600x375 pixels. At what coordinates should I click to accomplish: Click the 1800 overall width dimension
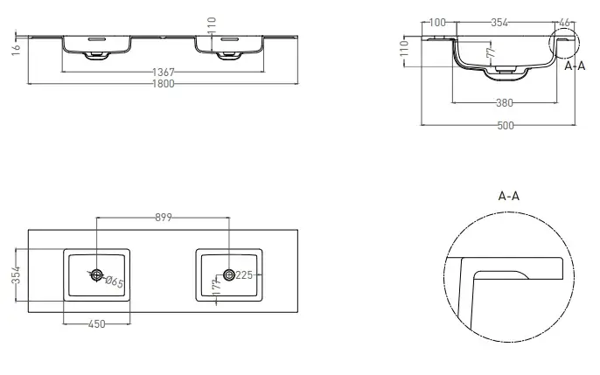[164, 84]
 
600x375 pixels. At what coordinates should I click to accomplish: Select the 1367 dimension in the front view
[164, 72]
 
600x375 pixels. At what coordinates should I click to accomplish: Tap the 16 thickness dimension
[16, 50]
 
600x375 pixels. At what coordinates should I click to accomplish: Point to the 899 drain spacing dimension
[164, 218]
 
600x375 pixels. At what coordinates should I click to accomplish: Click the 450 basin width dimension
[96, 324]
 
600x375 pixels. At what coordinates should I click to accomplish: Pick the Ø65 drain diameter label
[114, 281]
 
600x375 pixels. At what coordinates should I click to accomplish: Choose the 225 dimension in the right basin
[244, 274]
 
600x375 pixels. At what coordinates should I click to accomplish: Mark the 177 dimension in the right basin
[217, 287]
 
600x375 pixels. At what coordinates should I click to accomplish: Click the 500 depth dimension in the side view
[506, 125]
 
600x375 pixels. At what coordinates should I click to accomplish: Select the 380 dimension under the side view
[505, 103]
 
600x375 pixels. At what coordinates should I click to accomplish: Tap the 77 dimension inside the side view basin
[491, 52]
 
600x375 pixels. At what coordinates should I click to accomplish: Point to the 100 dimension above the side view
[437, 23]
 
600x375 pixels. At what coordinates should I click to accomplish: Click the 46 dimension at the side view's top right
[564, 23]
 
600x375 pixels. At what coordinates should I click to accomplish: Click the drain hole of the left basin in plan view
[96, 274]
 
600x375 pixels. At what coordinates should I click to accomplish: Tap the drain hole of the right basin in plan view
[229, 274]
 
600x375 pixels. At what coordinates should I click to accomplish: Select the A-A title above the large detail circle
[509, 196]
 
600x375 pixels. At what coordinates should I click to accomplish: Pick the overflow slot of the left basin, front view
[96, 39]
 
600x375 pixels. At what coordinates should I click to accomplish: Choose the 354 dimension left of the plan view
[16, 274]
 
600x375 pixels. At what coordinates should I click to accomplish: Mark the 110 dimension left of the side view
[404, 48]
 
